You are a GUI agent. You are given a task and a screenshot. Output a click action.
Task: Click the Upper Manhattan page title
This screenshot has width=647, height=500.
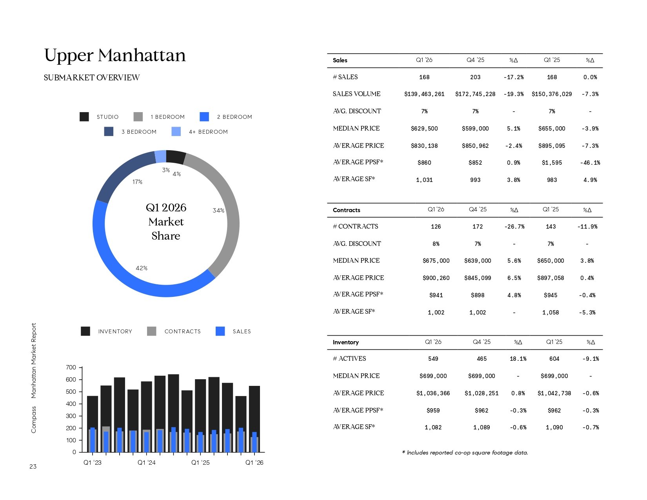click(115, 55)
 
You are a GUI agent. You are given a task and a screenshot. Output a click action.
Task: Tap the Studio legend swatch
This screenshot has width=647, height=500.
click(84, 117)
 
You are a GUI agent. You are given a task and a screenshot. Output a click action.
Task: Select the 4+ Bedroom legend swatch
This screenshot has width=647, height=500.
click(176, 132)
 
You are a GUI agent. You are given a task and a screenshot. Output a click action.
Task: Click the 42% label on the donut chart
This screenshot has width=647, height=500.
click(142, 268)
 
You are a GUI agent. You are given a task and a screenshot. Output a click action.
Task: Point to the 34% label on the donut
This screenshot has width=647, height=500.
click(218, 211)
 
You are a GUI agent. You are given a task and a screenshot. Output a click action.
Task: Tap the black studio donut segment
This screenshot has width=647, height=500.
click(176, 157)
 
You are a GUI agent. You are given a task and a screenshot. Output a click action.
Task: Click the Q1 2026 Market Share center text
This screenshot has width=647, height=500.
click(166, 222)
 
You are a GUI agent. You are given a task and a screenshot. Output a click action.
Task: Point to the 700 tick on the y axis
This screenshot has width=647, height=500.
click(71, 367)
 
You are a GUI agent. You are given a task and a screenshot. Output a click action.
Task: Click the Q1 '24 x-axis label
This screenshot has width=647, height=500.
click(146, 463)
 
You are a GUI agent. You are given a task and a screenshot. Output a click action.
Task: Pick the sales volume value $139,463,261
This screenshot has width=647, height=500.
click(424, 94)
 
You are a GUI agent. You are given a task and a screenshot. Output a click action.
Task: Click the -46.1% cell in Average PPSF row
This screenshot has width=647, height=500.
click(590, 163)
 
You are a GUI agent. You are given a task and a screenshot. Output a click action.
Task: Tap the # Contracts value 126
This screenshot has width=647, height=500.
click(436, 227)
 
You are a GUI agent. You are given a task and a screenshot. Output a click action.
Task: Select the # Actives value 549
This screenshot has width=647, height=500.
click(433, 359)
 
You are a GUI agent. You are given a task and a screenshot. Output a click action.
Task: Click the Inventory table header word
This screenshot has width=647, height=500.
click(345, 342)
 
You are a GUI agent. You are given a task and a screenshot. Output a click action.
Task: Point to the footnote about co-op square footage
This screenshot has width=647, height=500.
click(465, 453)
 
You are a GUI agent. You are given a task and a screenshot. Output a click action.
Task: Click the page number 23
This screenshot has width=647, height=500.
click(33, 467)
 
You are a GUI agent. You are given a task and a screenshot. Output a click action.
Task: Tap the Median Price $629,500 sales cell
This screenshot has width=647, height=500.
click(424, 129)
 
